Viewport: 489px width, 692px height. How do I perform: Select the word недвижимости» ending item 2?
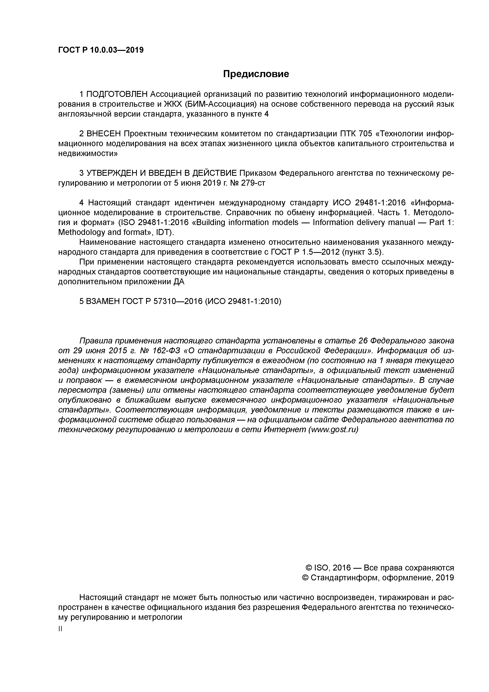tap(88, 153)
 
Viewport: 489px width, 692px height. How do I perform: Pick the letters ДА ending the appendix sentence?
tap(179, 282)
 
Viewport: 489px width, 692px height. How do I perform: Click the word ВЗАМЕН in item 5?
tap(103, 301)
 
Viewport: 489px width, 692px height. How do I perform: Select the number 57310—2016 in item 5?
tap(178, 301)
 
